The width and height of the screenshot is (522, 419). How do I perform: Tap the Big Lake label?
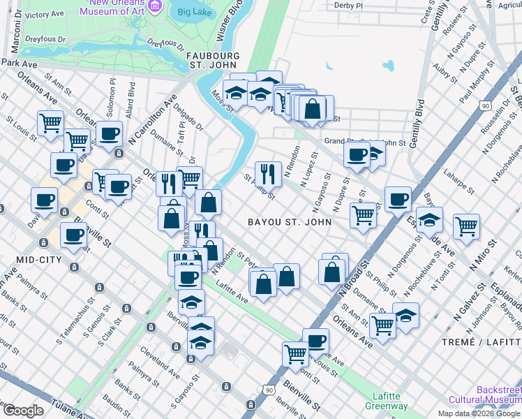[x=193, y=12]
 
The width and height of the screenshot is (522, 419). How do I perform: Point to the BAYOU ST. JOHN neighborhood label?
[x=288, y=221]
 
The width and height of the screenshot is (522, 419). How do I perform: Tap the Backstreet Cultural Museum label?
[x=498, y=395]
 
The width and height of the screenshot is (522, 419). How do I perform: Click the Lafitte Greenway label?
[x=386, y=400]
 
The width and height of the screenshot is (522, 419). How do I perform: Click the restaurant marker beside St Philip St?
[x=268, y=172]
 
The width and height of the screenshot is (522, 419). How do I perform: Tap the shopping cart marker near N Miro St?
[x=466, y=225]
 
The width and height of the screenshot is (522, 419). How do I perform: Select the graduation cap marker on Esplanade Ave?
[x=429, y=219]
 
